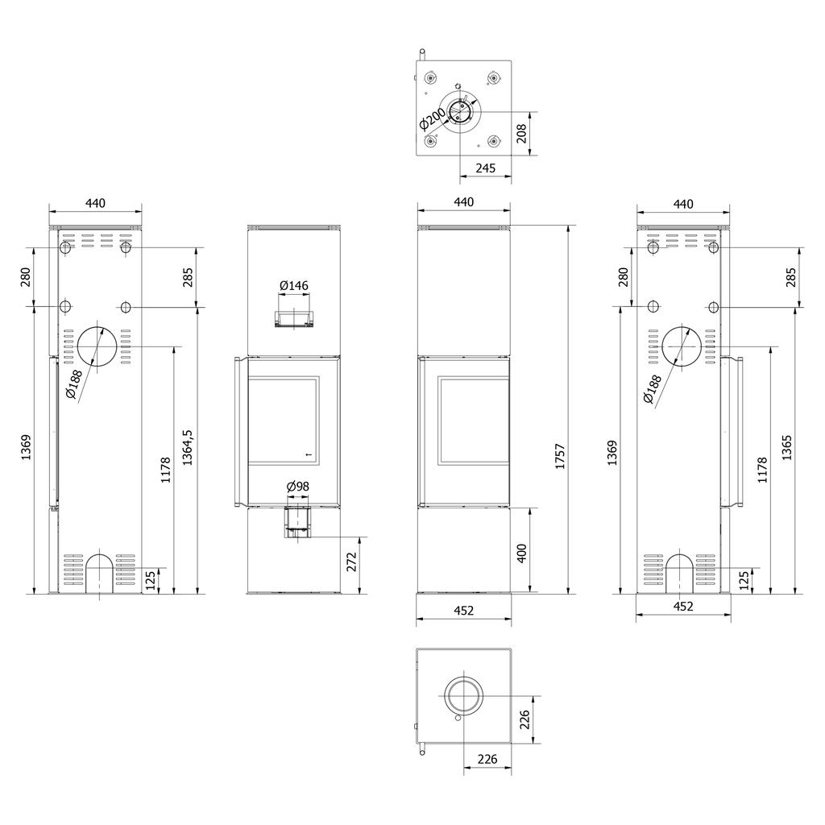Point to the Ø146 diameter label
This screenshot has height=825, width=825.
(x=294, y=285)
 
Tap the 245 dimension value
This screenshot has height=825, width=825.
(x=484, y=168)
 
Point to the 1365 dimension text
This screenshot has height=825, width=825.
(x=787, y=446)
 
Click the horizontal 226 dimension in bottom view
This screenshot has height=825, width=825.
(x=487, y=759)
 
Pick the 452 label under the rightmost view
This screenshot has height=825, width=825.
(x=682, y=607)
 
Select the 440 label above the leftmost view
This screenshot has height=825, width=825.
(x=95, y=204)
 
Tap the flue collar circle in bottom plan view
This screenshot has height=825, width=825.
(x=462, y=694)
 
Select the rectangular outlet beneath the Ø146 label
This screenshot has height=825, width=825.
(x=294, y=319)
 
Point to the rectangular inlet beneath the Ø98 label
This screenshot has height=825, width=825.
(x=297, y=521)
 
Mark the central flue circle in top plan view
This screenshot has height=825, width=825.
(x=462, y=110)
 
